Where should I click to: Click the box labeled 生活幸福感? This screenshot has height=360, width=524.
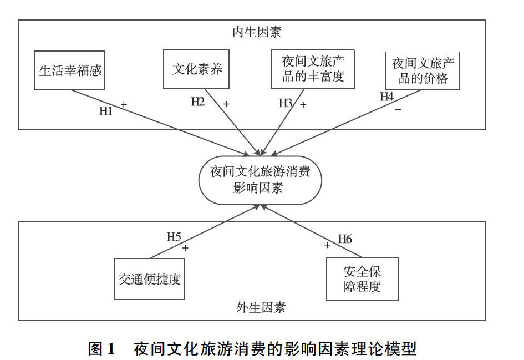tap(70, 70)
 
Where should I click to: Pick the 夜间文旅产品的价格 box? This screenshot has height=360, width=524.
tap(423, 70)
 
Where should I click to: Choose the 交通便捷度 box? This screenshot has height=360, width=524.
tap(150, 279)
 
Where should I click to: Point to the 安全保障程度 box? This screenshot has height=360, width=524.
tap(362, 279)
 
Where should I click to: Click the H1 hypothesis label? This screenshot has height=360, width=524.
tap(106, 111)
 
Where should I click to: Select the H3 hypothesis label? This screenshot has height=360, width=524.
tap(286, 103)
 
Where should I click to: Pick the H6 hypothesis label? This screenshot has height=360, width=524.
tap(345, 239)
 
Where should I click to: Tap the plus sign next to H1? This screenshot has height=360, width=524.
tap(124, 104)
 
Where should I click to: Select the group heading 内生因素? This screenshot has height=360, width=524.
tap(256, 32)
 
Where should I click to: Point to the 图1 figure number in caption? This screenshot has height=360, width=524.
tap(101, 349)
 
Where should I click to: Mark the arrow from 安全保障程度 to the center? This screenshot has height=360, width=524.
tap(313, 232)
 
